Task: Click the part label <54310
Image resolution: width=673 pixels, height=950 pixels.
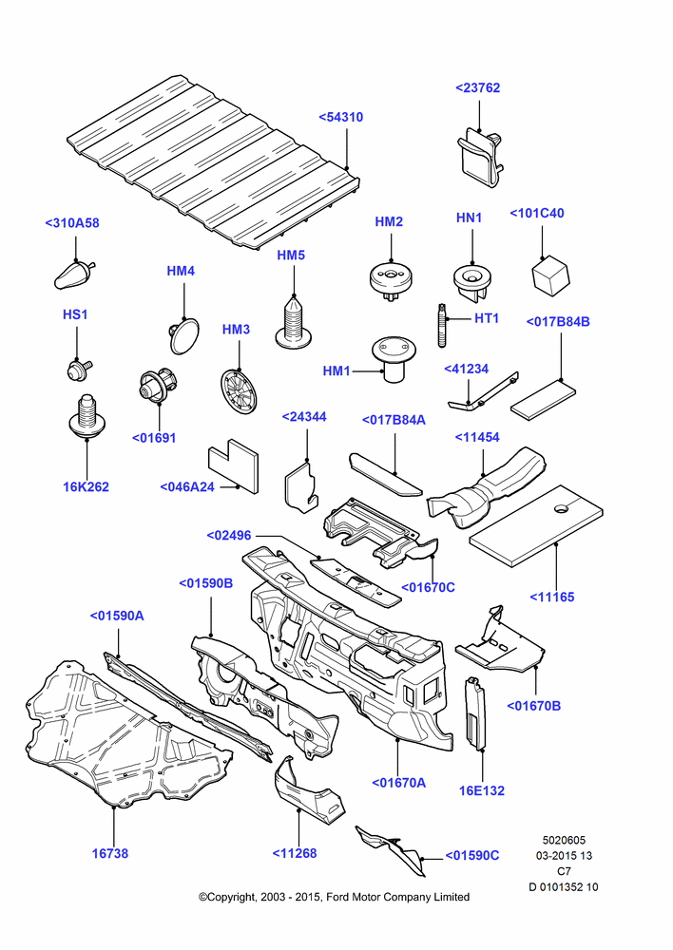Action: (340, 117)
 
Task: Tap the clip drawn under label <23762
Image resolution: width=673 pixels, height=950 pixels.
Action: (480, 157)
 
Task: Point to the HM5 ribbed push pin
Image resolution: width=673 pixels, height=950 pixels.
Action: (294, 322)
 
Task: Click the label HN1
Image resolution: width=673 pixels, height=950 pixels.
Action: (469, 218)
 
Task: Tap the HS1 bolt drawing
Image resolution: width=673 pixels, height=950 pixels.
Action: (78, 369)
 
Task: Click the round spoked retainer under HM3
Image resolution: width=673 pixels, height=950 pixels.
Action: (239, 391)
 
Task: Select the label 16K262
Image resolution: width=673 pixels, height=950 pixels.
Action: (87, 486)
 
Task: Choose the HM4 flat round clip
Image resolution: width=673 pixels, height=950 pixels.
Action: (183, 335)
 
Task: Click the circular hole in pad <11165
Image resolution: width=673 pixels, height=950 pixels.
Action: (562, 507)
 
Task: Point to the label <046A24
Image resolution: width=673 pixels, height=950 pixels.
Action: (187, 486)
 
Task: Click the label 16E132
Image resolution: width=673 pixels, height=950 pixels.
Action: (481, 790)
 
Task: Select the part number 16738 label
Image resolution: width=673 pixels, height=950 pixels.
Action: (110, 853)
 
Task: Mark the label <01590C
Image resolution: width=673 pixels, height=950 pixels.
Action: (472, 855)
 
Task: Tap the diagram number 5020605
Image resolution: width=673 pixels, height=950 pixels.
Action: (564, 841)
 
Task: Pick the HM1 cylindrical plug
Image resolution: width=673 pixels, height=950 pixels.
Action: (392, 359)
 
